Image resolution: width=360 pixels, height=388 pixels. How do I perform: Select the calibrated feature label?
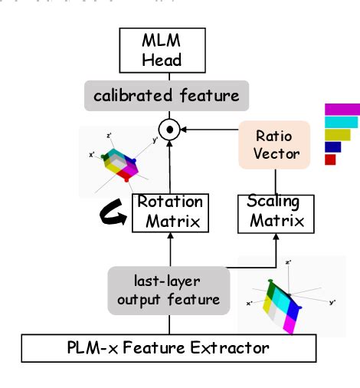[x=166, y=96]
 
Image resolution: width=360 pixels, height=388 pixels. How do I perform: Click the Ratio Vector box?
[x=273, y=144]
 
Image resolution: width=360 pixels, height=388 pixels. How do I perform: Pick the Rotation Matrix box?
[x=169, y=212]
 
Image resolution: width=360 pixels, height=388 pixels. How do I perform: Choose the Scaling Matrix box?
[x=275, y=212]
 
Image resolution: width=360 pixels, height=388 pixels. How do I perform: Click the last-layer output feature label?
[x=169, y=290]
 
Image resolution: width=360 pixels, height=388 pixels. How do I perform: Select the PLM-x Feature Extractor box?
[x=169, y=348]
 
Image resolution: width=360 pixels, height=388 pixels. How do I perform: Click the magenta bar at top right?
[x=342, y=109]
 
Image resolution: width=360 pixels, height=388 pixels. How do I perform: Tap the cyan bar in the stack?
[x=341, y=122]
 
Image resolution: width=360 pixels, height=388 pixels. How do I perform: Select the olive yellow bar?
[x=337, y=134]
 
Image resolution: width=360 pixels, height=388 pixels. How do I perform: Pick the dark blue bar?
[x=332, y=146]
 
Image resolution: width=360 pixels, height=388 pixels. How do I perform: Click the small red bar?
[x=330, y=159]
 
